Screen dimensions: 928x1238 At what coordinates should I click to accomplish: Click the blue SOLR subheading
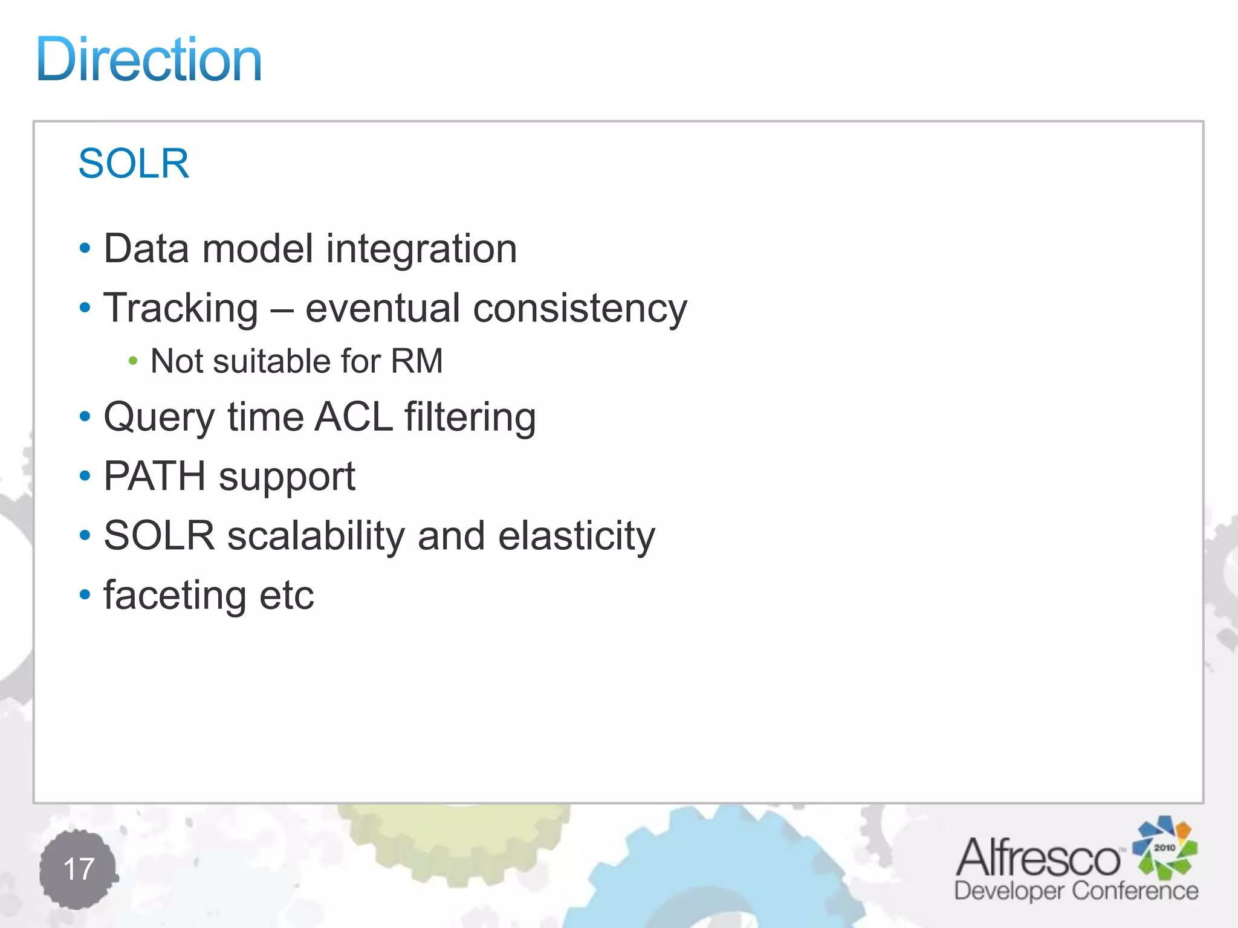(134, 163)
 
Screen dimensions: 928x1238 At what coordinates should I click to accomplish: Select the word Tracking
(181, 309)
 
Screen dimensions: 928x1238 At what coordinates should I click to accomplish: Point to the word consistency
(580, 309)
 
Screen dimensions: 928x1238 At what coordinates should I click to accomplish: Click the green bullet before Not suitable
(133, 361)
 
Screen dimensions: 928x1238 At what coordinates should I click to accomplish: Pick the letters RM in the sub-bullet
(416, 361)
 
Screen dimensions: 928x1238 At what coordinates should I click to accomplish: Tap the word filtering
(470, 418)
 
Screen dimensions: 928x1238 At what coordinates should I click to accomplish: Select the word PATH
(155, 476)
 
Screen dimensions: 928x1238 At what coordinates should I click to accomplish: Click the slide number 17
(79, 869)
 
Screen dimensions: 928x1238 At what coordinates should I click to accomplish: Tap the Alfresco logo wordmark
(1037, 858)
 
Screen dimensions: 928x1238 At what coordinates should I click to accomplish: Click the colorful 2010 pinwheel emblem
(1164, 847)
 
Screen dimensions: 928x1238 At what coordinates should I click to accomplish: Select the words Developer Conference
(1076, 891)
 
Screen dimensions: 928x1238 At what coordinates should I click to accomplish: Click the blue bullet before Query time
(85, 416)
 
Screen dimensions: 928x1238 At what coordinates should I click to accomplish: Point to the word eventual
(383, 309)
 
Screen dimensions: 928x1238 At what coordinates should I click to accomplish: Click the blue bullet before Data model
(85, 248)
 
